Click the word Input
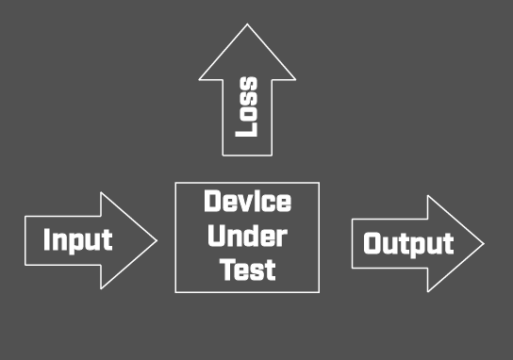(77, 239)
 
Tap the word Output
(408, 244)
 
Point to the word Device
(247, 203)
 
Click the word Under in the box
(247, 236)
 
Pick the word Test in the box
(247, 270)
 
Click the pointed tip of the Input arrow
(157, 239)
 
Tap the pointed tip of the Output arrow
(483, 243)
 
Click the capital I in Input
(47, 239)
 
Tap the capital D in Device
(212, 203)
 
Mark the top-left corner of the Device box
(176, 183)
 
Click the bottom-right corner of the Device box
(319, 291)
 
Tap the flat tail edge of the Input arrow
(25, 239)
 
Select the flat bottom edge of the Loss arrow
(247, 155)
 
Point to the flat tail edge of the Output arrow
(352, 244)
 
